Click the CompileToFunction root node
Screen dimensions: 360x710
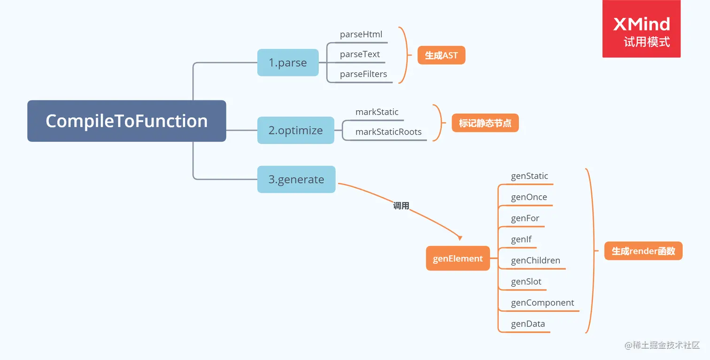(126, 121)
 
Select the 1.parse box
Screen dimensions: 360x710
(288, 63)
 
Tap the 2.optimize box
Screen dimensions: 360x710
(295, 130)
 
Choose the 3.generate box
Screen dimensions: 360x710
(296, 179)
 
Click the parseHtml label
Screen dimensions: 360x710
(361, 35)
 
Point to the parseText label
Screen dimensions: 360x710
(360, 54)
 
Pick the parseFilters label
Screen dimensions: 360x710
(363, 74)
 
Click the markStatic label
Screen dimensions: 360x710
(377, 112)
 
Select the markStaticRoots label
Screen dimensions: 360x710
(388, 132)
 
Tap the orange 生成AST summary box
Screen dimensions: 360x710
(441, 55)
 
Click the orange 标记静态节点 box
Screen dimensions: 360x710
(485, 123)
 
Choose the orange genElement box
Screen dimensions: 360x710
(457, 259)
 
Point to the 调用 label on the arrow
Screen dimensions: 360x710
(401, 206)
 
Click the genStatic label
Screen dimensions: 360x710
(529, 176)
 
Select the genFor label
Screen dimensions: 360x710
(525, 219)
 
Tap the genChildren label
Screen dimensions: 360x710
(535, 261)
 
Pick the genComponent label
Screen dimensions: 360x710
(542, 303)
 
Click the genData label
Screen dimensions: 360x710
(528, 324)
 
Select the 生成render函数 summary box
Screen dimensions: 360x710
(643, 251)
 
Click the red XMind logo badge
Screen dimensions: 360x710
(641, 29)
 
